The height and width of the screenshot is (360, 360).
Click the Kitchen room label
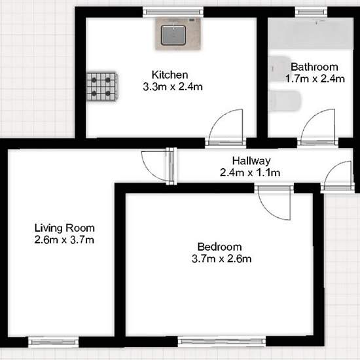pyautogui.click(x=170, y=75)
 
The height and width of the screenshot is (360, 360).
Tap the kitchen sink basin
pyautogui.click(x=173, y=35)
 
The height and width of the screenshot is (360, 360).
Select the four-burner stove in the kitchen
pyautogui.click(x=102, y=86)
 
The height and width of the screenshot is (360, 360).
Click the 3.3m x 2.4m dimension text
pyautogui.click(x=173, y=87)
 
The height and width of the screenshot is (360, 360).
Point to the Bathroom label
pyautogui.click(x=314, y=67)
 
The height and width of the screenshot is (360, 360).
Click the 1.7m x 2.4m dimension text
pyautogui.click(x=315, y=79)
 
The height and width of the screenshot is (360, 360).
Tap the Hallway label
pyautogui.click(x=251, y=161)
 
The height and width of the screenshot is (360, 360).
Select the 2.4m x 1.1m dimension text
pyautogui.click(x=250, y=173)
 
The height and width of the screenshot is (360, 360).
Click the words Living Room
pyautogui.click(x=65, y=228)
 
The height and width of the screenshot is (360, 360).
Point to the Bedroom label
pyautogui.click(x=219, y=247)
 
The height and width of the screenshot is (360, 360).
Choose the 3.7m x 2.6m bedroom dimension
pyautogui.click(x=221, y=259)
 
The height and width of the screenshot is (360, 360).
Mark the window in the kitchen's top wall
pyautogui.click(x=173, y=12)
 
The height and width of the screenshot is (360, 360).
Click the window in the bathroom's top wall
pyautogui.click(x=311, y=12)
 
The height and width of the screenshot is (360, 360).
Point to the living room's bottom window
pyautogui.click(x=53, y=342)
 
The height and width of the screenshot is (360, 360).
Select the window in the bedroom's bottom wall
pyautogui.click(x=222, y=342)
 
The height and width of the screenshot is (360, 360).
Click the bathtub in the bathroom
pyautogui.click(x=311, y=33)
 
